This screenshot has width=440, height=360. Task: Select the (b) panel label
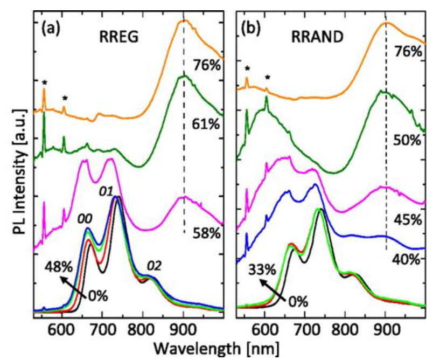253,27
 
